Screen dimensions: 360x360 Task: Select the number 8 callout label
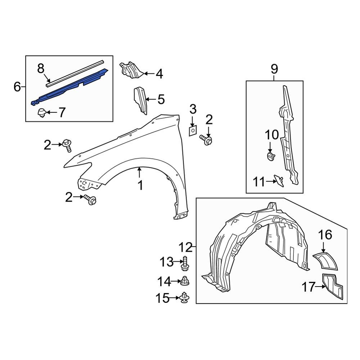click(41, 68)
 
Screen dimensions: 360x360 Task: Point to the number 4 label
click(159, 74)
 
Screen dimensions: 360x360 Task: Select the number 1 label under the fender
click(140, 186)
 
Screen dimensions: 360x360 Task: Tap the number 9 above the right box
click(274, 68)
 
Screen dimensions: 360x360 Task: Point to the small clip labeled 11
click(279, 180)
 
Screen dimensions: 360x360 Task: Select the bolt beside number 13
click(186, 264)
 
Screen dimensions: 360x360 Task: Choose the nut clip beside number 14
click(185, 281)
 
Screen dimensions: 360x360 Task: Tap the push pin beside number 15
click(185, 297)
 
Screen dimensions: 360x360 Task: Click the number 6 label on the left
click(17, 87)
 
